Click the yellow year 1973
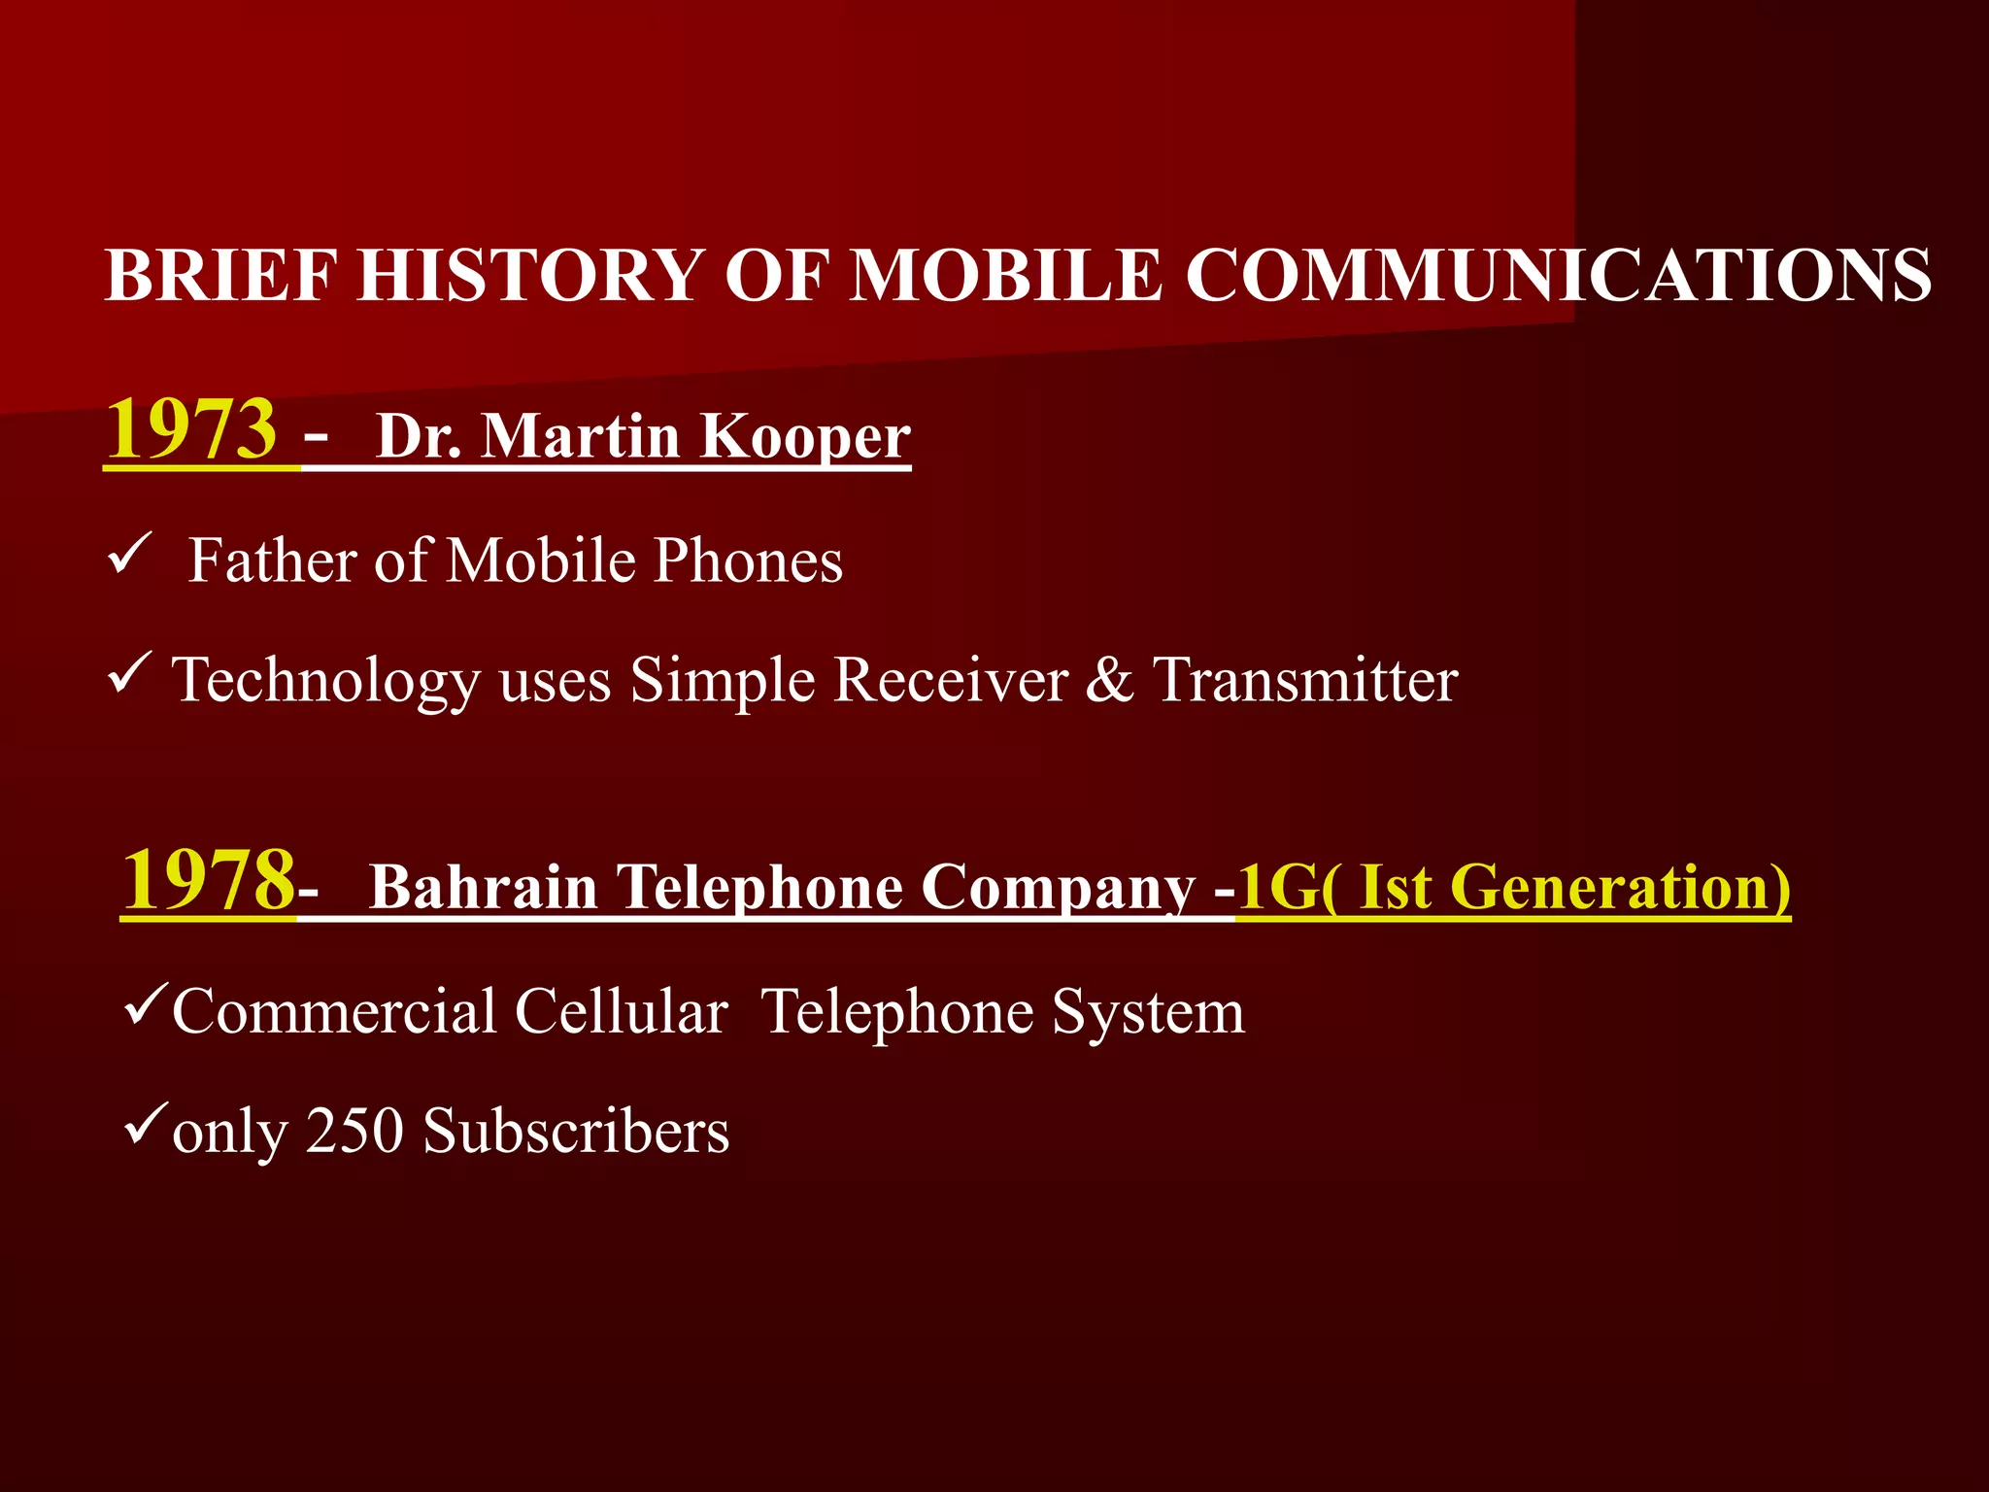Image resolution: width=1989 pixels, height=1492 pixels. click(x=191, y=429)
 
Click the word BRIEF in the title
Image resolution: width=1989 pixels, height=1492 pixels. click(x=221, y=275)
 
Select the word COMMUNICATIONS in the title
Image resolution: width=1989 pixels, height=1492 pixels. click(x=1558, y=275)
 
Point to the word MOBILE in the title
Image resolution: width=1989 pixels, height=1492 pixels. click(x=1005, y=275)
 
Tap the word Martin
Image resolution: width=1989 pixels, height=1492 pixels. click(x=581, y=436)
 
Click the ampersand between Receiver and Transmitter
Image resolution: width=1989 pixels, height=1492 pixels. click(x=1109, y=679)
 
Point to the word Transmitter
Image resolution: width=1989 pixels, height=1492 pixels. click(x=1305, y=679)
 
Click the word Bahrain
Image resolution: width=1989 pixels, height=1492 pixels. click(x=484, y=887)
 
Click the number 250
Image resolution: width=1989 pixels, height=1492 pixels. click(x=354, y=1132)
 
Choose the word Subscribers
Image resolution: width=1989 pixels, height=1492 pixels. click(x=577, y=1132)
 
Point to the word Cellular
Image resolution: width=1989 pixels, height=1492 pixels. click(x=622, y=1012)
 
